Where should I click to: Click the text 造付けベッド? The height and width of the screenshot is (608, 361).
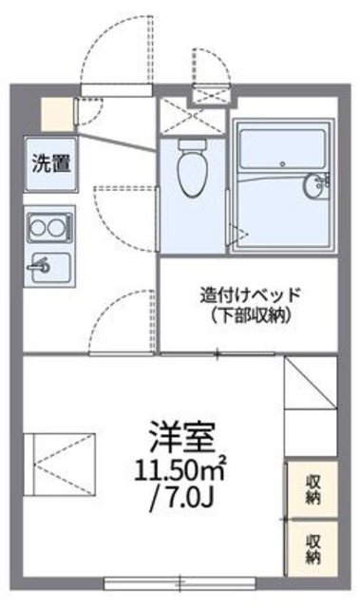coord(250,294)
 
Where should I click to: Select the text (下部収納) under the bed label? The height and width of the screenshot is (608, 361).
coord(250,315)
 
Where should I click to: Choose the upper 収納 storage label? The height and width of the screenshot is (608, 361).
coord(313,488)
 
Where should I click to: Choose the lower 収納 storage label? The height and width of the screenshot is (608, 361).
coord(313,546)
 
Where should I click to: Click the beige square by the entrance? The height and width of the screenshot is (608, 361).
coord(56,113)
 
